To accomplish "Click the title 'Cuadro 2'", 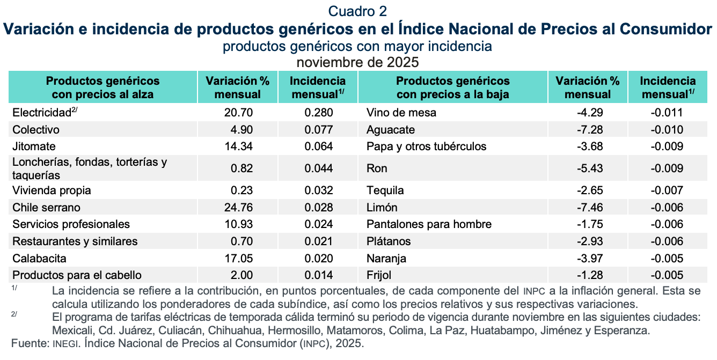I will pos(357,11).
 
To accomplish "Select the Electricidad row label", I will pos(42,113).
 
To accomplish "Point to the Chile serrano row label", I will pos(45,208).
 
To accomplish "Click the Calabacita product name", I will pos(39,259).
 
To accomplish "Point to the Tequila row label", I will pos(385,190).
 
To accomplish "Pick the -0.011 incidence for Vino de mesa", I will pos(669,113).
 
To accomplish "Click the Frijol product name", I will pos(379,275).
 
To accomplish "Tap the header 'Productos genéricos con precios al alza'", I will pos(103,87).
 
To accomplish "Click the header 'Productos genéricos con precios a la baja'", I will pos(452,87).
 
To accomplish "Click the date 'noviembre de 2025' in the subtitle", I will pos(357,62).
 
